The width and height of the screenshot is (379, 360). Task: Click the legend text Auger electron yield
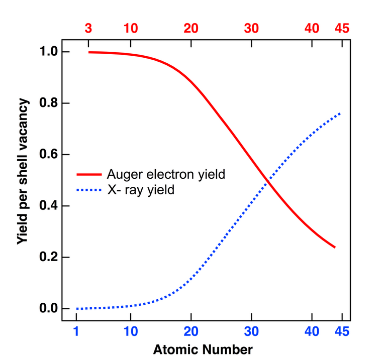tap(165, 175)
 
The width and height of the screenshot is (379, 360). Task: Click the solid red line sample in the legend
tap(89, 175)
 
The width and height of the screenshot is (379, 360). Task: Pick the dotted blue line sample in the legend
tap(89, 190)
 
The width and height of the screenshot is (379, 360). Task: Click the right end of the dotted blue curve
tap(341, 113)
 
